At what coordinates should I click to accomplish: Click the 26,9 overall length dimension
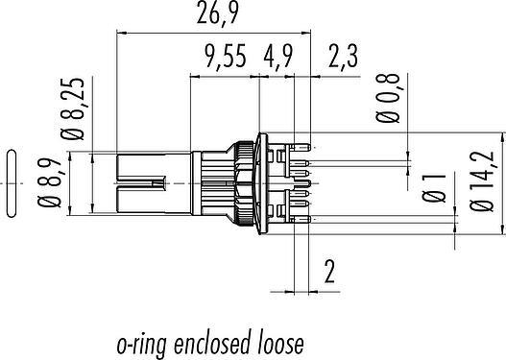point(218,13)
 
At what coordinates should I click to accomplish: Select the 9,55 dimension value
point(226,56)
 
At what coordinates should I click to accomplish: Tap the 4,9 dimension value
point(278,56)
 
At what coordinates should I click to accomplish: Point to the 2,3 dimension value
point(343,56)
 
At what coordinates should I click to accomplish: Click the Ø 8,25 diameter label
point(72,109)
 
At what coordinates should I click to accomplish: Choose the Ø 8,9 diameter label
point(49,183)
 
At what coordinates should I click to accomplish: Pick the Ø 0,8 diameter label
point(388,98)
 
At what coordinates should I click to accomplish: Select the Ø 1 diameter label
point(434,188)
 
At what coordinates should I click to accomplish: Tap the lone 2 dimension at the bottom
point(329,271)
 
